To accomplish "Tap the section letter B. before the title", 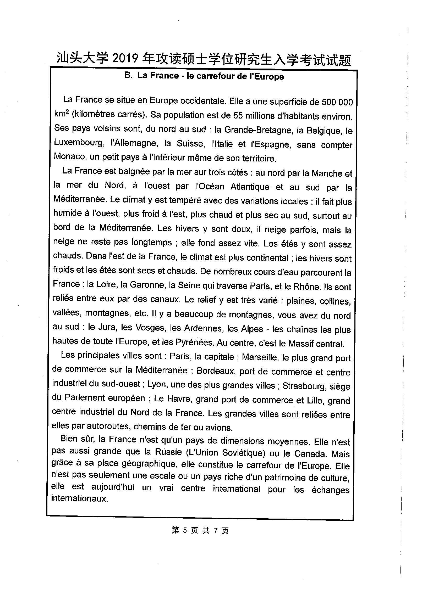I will click(x=128, y=76).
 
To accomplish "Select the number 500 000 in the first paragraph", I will click(x=337, y=102).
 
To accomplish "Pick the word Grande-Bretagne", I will click(x=257, y=130).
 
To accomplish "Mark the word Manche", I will click(x=327, y=173).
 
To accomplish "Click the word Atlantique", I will click(x=250, y=187).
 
